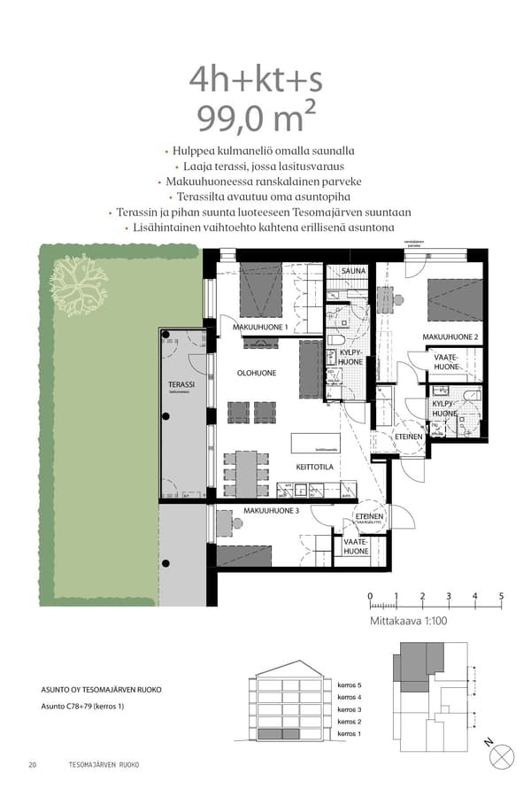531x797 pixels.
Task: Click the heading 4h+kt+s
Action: click(256, 80)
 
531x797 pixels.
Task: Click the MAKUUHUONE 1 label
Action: click(260, 327)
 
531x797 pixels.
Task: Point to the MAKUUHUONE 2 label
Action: click(450, 337)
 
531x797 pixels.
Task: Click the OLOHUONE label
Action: click(256, 373)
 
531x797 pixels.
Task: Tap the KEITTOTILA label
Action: click(314, 466)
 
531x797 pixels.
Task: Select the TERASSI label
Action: click(181, 385)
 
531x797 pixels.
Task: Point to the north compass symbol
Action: click(502, 755)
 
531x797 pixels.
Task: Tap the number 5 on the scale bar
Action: click(502, 596)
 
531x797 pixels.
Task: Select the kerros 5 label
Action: click(350, 685)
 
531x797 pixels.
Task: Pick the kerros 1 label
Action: click(350, 734)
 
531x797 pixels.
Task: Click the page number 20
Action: click(33, 764)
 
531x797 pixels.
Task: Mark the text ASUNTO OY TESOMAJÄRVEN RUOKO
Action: click(102, 689)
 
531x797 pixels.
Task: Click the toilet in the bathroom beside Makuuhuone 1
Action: click(337, 339)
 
